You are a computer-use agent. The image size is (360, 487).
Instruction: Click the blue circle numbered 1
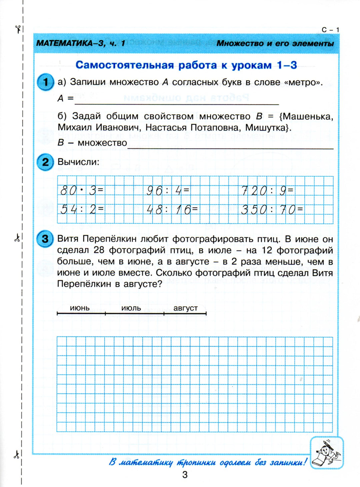(x=45, y=82)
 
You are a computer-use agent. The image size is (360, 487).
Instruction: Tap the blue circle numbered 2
(x=45, y=162)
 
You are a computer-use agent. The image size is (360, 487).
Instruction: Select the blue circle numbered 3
(x=45, y=239)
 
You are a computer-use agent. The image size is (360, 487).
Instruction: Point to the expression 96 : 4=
(x=168, y=191)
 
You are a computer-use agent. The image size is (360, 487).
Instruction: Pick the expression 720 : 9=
(x=267, y=191)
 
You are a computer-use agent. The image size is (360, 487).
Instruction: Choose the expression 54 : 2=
(x=82, y=210)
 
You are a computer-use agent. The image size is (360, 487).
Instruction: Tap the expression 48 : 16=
(x=172, y=210)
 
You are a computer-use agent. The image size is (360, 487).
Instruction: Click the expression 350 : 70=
(x=272, y=210)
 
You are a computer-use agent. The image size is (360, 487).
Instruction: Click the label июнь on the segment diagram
(x=80, y=308)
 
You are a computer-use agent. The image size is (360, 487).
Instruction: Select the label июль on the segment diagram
(x=131, y=308)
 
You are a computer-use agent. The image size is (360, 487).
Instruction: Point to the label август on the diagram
(x=185, y=308)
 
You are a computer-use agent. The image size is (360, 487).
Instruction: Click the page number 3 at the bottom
(x=185, y=474)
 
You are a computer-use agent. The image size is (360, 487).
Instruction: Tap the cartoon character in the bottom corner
(x=327, y=453)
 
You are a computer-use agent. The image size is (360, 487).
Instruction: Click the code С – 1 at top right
(x=330, y=30)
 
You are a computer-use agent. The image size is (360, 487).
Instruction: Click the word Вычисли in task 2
(x=78, y=162)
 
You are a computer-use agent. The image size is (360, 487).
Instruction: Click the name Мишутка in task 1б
(x=268, y=128)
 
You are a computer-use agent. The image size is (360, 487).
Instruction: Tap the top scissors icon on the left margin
(x=18, y=29)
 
